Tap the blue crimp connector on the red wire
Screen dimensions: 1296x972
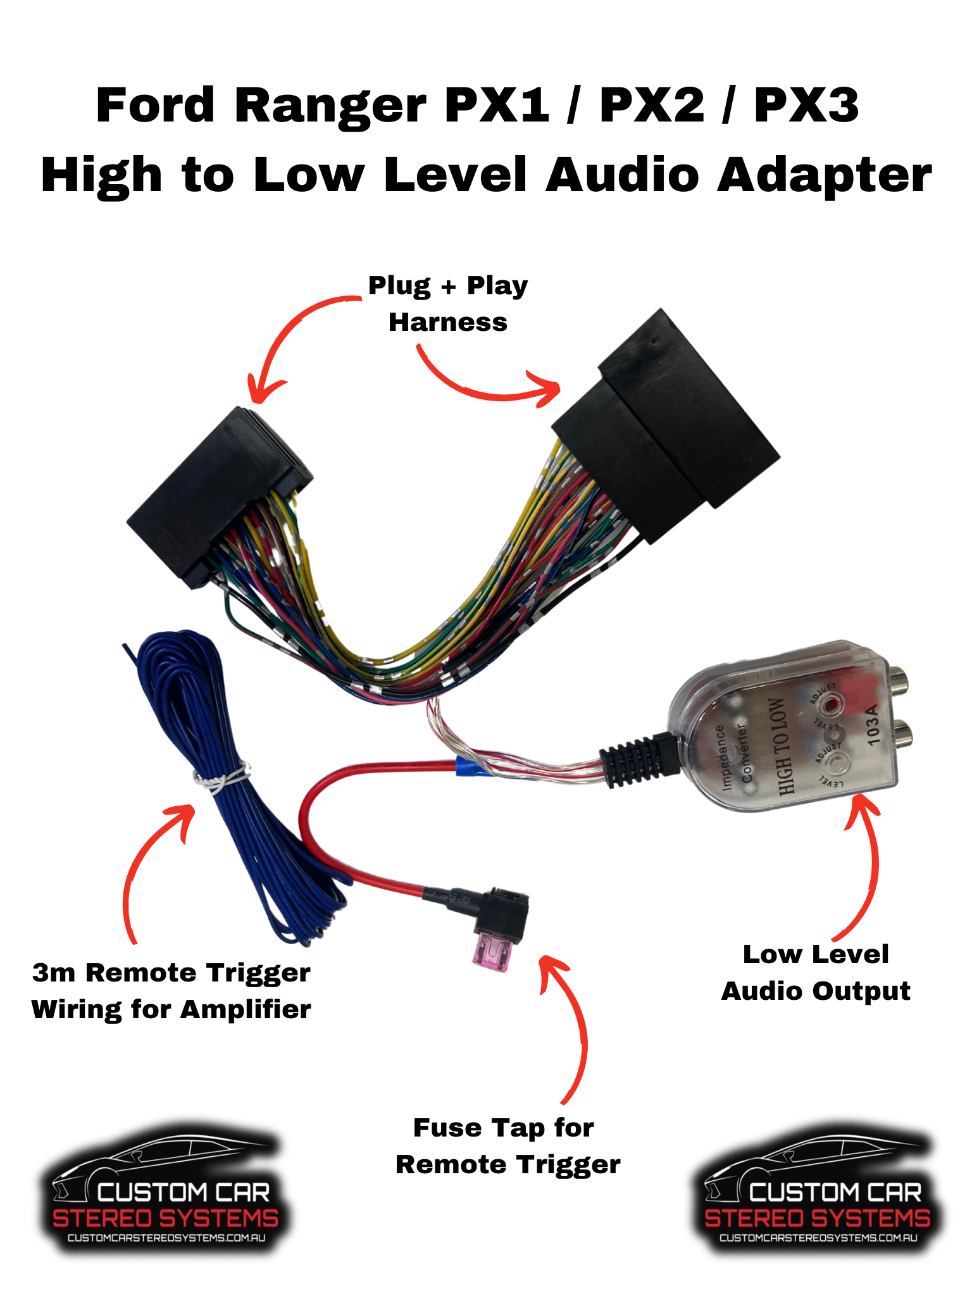[466, 766]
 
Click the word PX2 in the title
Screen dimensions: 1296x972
[651, 106]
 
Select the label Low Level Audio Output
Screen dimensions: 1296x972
[816, 973]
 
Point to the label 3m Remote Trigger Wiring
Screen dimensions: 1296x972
[171, 991]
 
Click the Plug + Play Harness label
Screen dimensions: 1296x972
[448, 304]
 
